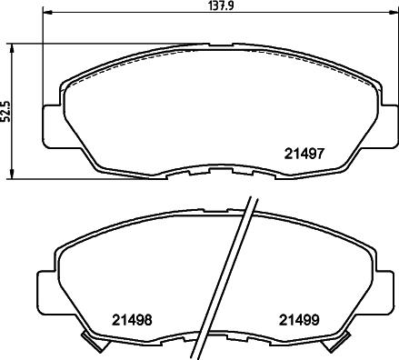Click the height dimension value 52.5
(6, 110)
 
